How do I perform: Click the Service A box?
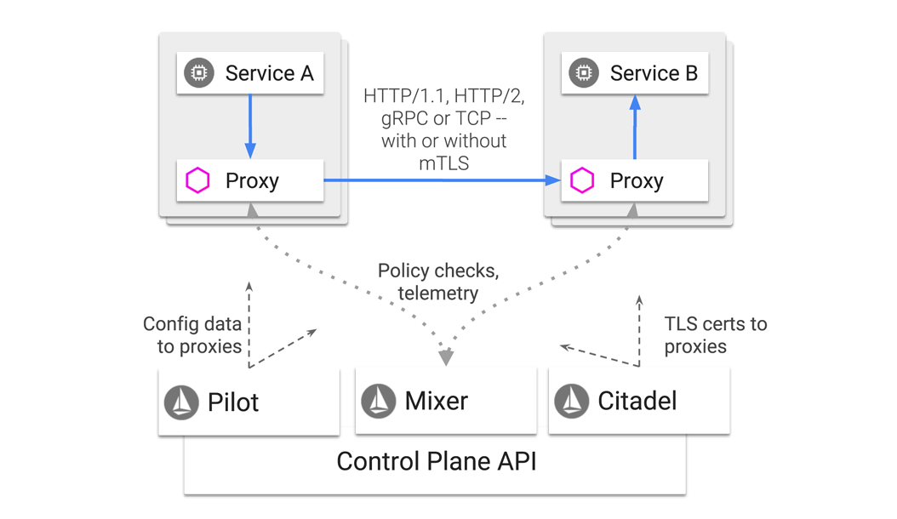click(x=249, y=73)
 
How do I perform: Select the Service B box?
click(x=634, y=73)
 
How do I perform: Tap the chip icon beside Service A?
click(x=200, y=73)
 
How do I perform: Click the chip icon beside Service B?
click(x=584, y=73)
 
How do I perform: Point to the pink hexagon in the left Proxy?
click(x=198, y=180)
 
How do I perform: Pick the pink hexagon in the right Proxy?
click(x=582, y=180)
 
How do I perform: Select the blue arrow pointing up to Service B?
click(x=635, y=128)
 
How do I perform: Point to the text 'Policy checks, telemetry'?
click(x=437, y=282)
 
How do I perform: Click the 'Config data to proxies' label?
click(x=192, y=335)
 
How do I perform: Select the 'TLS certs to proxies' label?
click(x=714, y=335)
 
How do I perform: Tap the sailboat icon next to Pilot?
click(x=181, y=402)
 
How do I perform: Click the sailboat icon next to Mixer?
click(x=379, y=401)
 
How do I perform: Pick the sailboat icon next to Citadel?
click(x=572, y=401)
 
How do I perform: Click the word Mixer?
click(x=436, y=401)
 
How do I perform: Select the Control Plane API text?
click(x=437, y=462)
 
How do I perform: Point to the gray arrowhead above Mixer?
click(x=446, y=357)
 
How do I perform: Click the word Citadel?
click(x=637, y=401)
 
